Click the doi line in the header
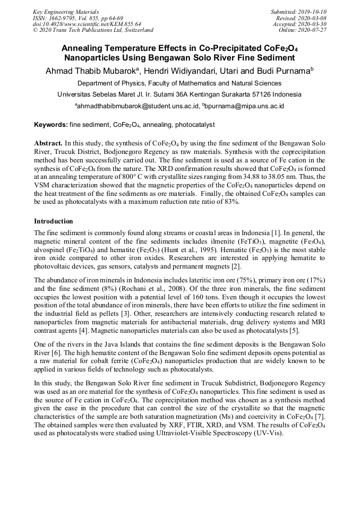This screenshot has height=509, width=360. (87, 24)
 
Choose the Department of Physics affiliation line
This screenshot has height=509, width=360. (179, 83)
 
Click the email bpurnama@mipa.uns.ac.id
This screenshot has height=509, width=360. (245, 106)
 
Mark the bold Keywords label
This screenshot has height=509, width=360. (51, 125)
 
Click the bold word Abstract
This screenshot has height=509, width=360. (48, 143)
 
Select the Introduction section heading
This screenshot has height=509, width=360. (54, 221)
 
